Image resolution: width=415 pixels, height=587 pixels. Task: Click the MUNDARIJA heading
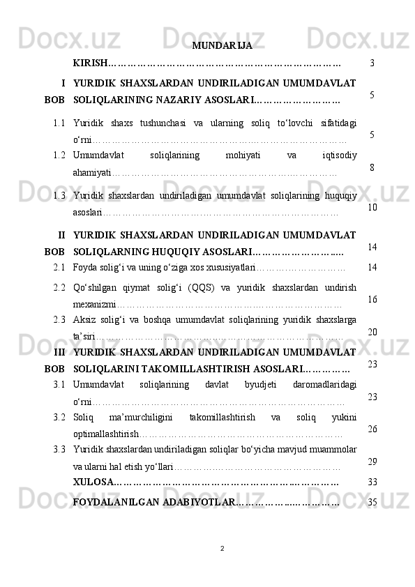tap(222, 47)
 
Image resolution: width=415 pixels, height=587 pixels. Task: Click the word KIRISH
tap(91, 63)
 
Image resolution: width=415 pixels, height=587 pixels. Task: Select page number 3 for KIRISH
tap(373, 63)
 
